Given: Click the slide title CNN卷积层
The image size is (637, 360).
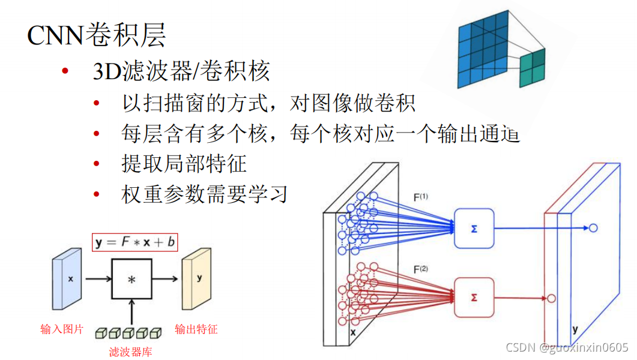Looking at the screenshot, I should [97, 36].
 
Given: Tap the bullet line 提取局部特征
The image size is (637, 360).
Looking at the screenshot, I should [184, 163].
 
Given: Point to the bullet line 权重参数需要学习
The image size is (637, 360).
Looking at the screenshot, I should [205, 194].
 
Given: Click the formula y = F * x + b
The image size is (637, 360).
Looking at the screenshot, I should [134, 242].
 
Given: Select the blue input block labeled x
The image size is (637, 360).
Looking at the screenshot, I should [67, 280].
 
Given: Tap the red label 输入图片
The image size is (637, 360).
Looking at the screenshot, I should [62, 329].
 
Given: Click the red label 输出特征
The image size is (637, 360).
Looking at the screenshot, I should [196, 329].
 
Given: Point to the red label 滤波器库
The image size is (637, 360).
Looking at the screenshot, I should [130, 352].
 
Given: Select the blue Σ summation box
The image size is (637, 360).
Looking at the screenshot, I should [474, 229].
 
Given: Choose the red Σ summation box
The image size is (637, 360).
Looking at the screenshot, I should [474, 297].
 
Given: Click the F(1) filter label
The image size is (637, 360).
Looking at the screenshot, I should [421, 196].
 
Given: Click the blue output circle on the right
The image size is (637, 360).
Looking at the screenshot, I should [593, 228].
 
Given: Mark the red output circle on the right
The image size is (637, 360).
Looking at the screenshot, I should [551, 298].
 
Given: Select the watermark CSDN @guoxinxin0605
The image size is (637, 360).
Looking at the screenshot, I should [567, 347].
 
